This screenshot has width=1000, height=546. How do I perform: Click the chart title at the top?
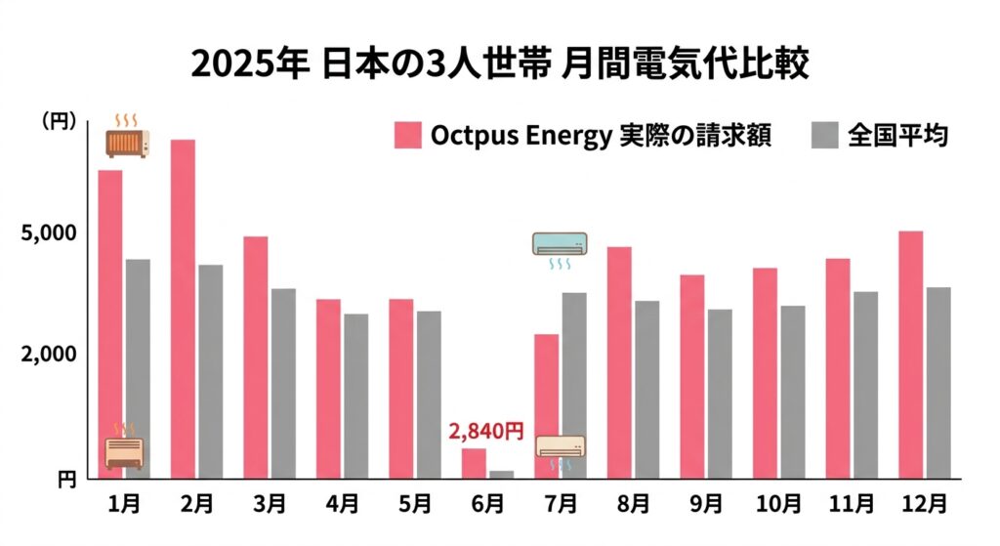click(500, 63)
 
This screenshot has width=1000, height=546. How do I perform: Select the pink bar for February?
click(184, 309)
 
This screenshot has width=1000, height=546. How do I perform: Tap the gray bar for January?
click(138, 368)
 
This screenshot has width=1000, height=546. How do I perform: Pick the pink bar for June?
click(474, 463)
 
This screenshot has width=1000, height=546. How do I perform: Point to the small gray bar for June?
click(502, 475)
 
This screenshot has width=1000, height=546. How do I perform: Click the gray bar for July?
click(574, 385)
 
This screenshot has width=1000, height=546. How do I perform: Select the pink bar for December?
click(910, 355)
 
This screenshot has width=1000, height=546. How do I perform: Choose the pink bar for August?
click(619, 362)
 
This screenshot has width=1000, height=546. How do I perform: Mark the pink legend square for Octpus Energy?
click(407, 136)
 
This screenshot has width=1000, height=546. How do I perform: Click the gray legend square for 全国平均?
click(825, 136)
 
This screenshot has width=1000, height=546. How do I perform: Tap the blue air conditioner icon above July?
click(561, 245)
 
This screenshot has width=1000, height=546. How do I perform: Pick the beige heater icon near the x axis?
click(125, 451)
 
